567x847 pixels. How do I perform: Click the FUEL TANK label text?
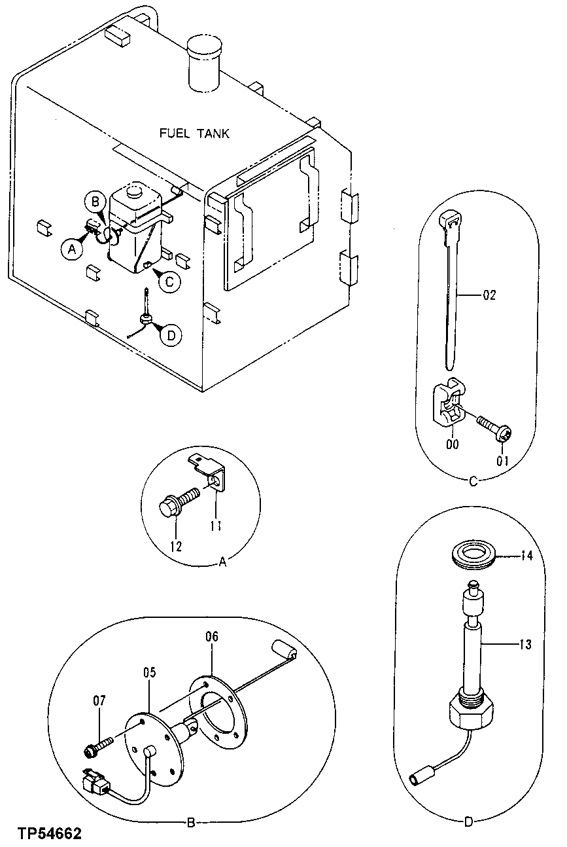[x=195, y=133]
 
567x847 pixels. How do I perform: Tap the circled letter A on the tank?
[x=71, y=247]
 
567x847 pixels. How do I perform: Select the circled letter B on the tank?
[x=95, y=201]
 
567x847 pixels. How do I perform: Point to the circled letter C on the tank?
[x=169, y=281]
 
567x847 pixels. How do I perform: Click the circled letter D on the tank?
[x=171, y=335]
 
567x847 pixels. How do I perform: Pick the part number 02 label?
[x=489, y=295]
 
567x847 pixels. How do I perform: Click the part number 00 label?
[x=452, y=444]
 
